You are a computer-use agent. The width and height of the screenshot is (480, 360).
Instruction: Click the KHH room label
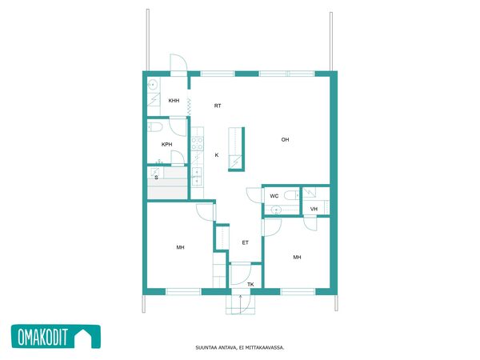174,101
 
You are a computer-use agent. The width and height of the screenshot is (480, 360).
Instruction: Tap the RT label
218,106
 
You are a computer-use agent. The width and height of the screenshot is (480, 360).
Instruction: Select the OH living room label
285,139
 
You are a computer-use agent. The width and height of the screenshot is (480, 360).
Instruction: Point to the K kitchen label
217,155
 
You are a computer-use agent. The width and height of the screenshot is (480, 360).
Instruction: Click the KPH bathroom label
167,145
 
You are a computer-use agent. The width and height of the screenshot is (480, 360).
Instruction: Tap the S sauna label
157,178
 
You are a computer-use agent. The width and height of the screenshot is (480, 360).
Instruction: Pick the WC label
274,196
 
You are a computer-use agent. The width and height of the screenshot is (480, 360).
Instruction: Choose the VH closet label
314,209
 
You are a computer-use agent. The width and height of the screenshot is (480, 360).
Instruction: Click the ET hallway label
246,242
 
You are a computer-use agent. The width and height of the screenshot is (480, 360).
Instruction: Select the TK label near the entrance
250,284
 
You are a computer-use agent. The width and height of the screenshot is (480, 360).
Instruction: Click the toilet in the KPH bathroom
154,127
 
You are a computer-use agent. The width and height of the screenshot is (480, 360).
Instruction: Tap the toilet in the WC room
292,195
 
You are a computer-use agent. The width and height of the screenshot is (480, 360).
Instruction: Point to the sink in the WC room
276,210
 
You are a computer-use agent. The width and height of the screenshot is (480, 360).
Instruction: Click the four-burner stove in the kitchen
197,143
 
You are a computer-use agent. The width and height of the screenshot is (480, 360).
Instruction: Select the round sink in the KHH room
153,83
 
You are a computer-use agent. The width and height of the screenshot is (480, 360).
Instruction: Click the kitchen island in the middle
237,149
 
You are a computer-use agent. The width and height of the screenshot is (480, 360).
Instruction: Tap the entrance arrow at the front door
241,304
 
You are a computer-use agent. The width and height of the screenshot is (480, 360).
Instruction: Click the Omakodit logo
56,337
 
